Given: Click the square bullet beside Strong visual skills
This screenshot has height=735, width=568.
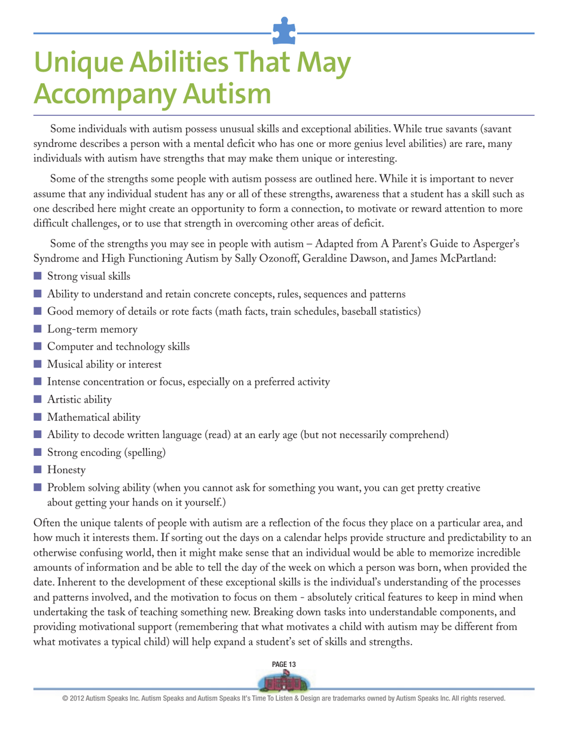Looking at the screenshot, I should (x=39, y=277).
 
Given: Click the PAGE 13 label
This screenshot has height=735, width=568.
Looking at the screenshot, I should (x=283, y=664).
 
